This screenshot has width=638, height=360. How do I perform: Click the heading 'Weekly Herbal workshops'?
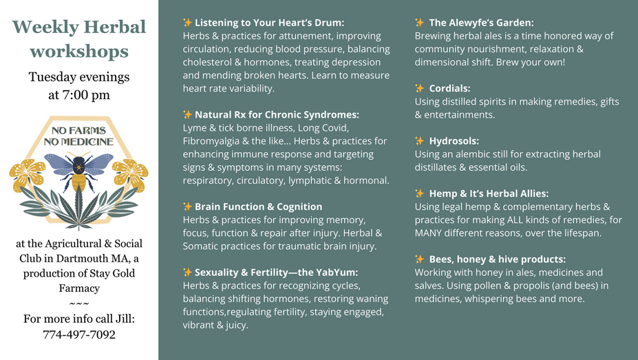(x=79, y=39)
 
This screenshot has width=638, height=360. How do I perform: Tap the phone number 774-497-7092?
(x=79, y=335)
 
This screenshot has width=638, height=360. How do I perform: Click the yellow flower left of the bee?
(x=28, y=174)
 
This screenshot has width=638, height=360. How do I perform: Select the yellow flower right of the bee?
(x=130, y=174)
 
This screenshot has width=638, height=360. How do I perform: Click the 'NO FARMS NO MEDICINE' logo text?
(x=79, y=136)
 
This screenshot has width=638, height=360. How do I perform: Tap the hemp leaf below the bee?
(x=79, y=207)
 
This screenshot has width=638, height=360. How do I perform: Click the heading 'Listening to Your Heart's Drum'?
(x=269, y=23)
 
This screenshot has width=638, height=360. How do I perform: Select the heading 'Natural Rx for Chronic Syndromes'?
(x=277, y=115)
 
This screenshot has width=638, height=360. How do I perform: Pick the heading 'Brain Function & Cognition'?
(x=258, y=207)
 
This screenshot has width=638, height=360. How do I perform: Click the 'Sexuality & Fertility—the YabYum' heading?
(x=276, y=272)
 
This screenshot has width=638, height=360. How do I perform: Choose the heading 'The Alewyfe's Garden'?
(x=481, y=23)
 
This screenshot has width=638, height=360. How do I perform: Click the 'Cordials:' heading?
(x=449, y=88)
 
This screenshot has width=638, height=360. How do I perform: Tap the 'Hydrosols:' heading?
(x=454, y=140)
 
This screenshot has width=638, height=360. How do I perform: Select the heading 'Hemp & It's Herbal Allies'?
(x=489, y=193)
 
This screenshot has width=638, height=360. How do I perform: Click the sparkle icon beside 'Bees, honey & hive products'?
(x=420, y=259)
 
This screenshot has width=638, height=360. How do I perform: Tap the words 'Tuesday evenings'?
(x=79, y=77)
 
